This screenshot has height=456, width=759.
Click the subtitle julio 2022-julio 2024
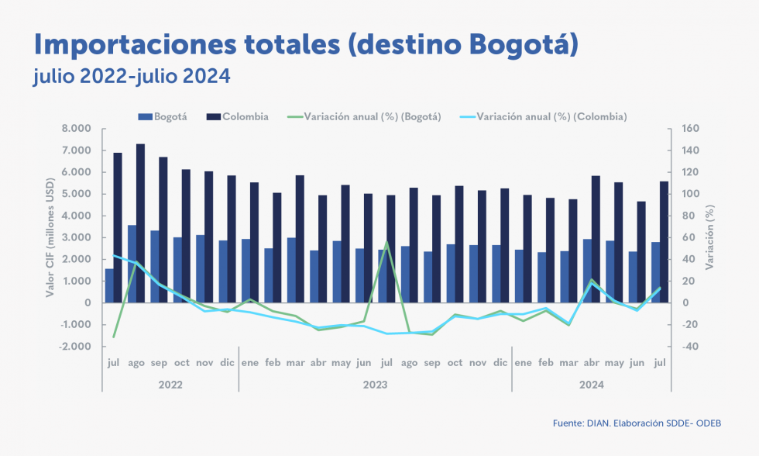(x=132, y=78)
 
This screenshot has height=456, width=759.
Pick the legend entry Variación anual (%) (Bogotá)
(x=364, y=117)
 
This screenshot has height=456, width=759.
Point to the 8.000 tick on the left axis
(x=76, y=129)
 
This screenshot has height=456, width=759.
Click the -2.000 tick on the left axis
(x=74, y=347)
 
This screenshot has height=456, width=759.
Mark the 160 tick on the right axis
(x=691, y=129)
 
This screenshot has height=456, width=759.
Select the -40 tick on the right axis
(x=689, y=347)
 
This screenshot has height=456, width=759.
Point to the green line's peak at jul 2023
(x=386, y=242)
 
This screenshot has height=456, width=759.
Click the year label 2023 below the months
(x=375, y=384)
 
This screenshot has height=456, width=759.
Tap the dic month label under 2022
(x=227, y=362)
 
